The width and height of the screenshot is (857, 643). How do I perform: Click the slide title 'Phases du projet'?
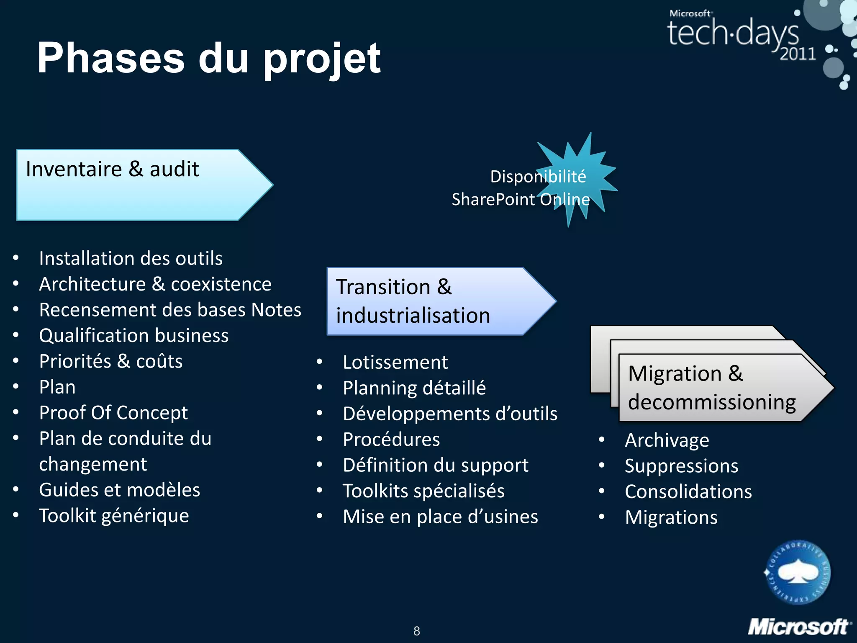pos(208,58)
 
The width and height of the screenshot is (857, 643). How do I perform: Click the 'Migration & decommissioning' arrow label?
pos(711,388)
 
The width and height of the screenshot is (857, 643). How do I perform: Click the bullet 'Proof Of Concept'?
pos(113,413)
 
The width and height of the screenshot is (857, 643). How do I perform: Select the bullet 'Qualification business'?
pos(134,336)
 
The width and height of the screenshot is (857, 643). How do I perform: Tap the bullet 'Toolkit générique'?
pos(114,516)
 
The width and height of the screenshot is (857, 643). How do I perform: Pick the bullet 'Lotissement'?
pos(395,363)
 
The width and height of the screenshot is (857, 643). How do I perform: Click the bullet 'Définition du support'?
pos(436,466)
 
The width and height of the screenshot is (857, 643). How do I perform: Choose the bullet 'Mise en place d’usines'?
pos(440,517)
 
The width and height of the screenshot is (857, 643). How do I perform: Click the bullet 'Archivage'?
pos(667,440)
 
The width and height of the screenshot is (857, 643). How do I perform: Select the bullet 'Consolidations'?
pos(688,492)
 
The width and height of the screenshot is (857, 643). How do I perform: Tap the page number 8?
pos(417,631)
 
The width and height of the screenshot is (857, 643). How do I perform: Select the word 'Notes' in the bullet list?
pos(276,310)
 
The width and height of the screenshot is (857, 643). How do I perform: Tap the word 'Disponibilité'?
pos(538,177)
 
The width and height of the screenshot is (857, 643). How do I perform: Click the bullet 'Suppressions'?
pos(682,466)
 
